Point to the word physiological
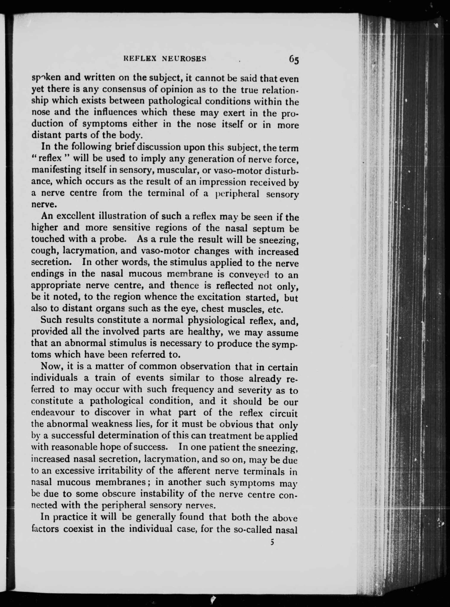click(x=216, y=320)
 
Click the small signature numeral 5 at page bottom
click(x=271, y=542)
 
